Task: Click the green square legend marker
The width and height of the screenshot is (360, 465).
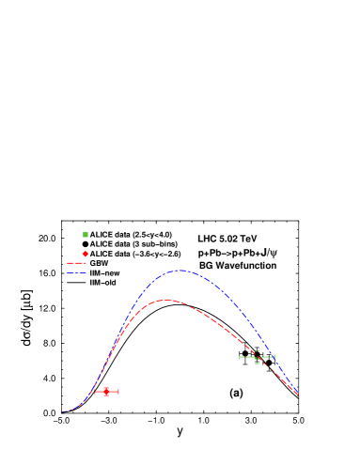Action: pyautogui.click(x=86, y=235)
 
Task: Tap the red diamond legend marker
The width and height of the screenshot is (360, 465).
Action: pyautogui.click(x=86, y=254)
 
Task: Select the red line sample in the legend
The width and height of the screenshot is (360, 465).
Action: pyautogui.click(x=76, y=264)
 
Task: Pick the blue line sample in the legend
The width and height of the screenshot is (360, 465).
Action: pyautogui.click(x=76, y=273)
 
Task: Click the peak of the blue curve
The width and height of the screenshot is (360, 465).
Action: pyautogui.click(x=180, y=271)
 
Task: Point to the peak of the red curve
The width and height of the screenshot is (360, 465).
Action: pyautogui.click(x=167, y=300)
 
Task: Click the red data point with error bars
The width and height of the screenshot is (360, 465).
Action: pyautogui.click(x=106, y=391)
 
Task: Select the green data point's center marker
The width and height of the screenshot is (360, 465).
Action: pyautogui.click(x=257, y=357)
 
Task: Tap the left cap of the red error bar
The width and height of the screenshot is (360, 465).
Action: pyautogui.click(x=95, y=391)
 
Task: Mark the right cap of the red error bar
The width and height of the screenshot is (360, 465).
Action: pyautogui.click(x=118, y=391)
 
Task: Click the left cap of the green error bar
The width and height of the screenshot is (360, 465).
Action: pyautogui.click(x=240, y=357)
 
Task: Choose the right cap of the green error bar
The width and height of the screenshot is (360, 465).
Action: pyautogui.click(x=274, y=357)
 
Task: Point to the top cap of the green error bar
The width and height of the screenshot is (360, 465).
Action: pyautogui.click(x=257, y=351)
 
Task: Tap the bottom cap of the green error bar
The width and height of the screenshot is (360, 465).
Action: pyautogui.click(x=257, y=364)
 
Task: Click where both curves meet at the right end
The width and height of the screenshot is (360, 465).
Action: pyautogui.click(x=298, y=395)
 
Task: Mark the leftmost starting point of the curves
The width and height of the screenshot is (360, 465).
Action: pyautogui.click(x=61, y=411)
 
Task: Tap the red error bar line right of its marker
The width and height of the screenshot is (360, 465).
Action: pyautogui.click(x=114, y=391)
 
